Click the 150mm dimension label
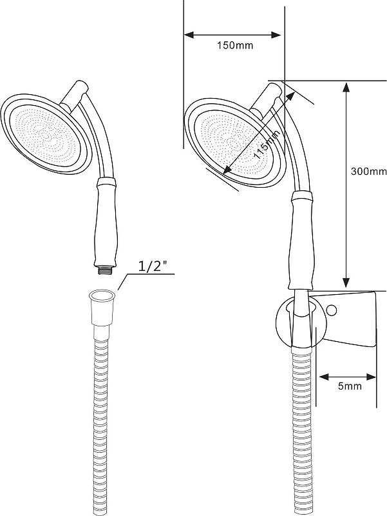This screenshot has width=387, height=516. pos(235,45)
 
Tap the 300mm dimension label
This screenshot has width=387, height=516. pos(368,172)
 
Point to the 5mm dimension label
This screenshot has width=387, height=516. pos(350,386)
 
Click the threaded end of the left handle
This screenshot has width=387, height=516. pos(105,271)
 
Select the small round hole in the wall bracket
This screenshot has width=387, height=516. pos(332,310)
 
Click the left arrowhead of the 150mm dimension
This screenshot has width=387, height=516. pos(189,35)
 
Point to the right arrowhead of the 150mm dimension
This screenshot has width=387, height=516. pos(276,35)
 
